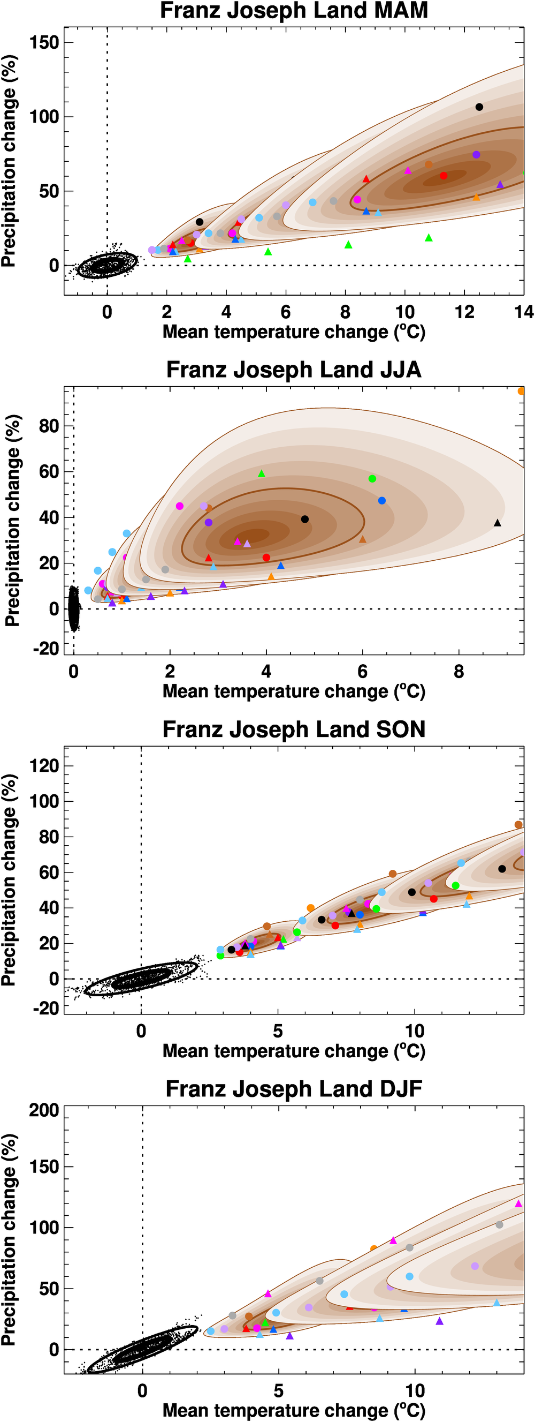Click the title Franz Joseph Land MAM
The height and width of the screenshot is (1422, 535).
coord(293,11)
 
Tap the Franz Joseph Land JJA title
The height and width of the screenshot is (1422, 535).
coord(293,370)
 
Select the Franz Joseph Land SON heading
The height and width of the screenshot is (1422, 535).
coord(293,729)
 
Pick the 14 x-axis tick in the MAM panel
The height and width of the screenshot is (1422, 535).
coord(523,312)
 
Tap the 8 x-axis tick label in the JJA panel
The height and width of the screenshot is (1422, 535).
coord(459,672)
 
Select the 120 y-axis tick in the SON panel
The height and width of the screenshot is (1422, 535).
coord(45,766)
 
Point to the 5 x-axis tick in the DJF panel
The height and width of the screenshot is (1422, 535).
coord(279,1390)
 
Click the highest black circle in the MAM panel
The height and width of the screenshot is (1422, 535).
coord(479,107)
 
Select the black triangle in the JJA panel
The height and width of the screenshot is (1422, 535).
coord(498,523)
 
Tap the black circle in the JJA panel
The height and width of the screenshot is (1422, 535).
coord(305,519)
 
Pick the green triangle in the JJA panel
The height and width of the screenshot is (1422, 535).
coord(262,473)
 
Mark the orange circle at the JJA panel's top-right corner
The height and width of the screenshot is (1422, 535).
coord(521,391)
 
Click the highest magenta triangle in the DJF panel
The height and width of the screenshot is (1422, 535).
coord(518,1203)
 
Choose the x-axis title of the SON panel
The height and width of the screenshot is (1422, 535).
coord(293,1051)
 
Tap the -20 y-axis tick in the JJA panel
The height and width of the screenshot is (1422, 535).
coord(47,649)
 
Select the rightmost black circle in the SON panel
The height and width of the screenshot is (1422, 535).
coord(502,869)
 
